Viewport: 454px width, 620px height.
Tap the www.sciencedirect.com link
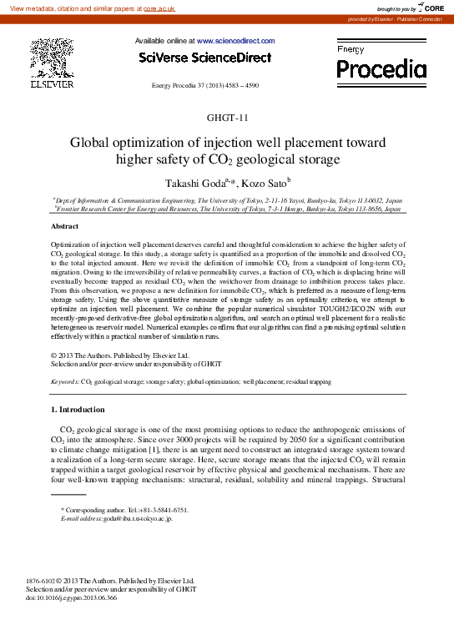tap(236, 41)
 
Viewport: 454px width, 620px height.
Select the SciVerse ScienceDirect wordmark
tap(204, 58)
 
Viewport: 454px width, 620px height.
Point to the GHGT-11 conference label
tap(227, 118)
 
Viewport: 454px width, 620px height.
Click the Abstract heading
tap(65, 227)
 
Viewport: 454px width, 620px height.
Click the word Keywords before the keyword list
tap(65, 381)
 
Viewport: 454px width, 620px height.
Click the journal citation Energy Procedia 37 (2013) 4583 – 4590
tap(204, 86)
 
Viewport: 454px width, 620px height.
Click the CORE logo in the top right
tap(431, 8)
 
